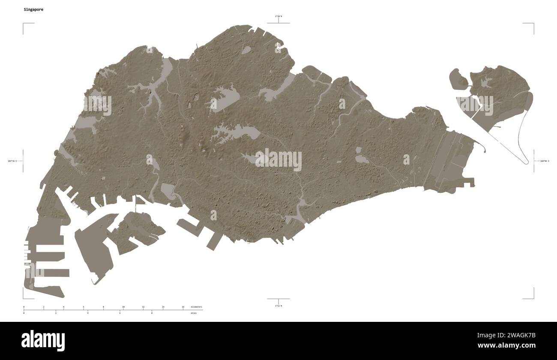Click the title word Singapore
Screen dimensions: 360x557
[x=33, y=9]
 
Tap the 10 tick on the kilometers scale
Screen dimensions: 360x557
[x=123, y=307]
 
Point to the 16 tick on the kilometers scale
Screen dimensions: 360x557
[x=183, y=307]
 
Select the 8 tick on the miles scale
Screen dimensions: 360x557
[x=152, y=313]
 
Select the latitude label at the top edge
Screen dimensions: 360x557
[x=278, y=16]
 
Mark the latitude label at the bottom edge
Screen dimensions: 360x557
[x=278, y=306]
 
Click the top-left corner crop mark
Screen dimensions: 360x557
[x=23, y=24]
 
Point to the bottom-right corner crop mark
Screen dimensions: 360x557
[x=533, y=298]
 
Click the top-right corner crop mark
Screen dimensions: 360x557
[x=533, y=24]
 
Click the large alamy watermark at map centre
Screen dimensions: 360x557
[x=278, y=160]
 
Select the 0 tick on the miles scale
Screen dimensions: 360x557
[x=24, y=313]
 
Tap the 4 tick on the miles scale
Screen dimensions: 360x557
[x=88, y=313]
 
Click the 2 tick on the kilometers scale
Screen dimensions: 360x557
[x=44, y=307]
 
